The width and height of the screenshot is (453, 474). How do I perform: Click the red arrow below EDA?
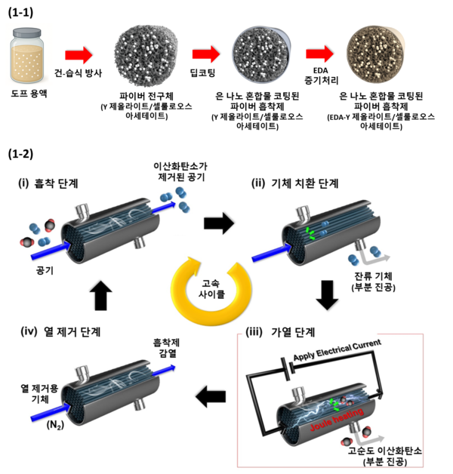320,54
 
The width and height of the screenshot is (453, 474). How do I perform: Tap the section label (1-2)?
22,154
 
